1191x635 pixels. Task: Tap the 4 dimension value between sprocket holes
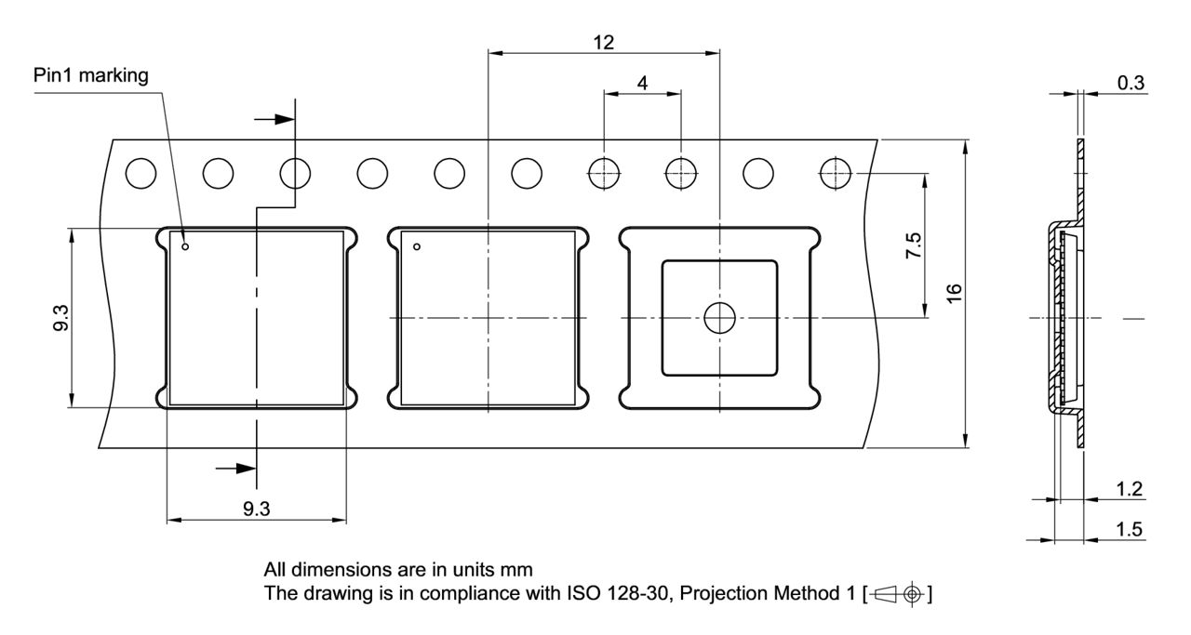(642, 82)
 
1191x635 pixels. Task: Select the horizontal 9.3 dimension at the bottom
(256, 509)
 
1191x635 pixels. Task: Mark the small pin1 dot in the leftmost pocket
(185, 247)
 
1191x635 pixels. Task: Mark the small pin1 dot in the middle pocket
(417, 246)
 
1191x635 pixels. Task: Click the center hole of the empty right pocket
(719, 318)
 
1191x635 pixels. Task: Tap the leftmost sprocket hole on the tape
(141, 172)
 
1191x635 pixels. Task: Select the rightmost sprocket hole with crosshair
(836, 172)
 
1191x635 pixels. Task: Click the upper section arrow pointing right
(274, 119)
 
